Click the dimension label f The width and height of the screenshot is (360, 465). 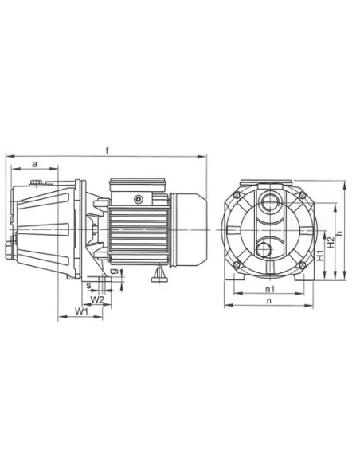(108, 150)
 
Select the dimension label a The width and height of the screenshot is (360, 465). (35, 164)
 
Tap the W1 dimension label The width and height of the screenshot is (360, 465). (82, 311)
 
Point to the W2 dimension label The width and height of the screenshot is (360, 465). (97, 300)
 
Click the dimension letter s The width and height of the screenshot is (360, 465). (88, 286)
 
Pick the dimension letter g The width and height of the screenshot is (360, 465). (115, 272)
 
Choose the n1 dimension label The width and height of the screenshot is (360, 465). (269, 289)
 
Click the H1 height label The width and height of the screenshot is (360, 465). (320, 256)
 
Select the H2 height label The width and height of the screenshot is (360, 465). (331, 242)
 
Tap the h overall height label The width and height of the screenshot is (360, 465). (340, 233)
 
